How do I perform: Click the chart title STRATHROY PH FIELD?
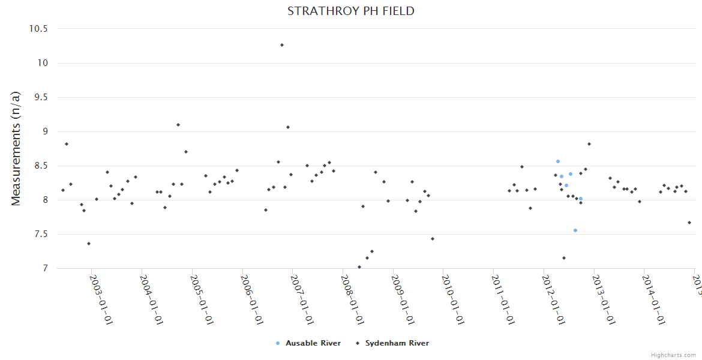(350, 11)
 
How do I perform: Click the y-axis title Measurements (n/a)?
(16, 148)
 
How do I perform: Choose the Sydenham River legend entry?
(397, 343)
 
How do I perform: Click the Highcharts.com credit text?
(674, 355)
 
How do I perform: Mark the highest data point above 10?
(282, 45)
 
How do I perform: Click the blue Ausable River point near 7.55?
(575, 230)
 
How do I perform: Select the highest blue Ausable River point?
(557, 161)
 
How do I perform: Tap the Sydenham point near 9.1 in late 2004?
(178, 125)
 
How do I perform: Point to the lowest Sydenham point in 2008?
(359, 267)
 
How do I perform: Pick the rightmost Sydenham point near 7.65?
(689, 223)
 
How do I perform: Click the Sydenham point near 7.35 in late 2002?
(89, 244)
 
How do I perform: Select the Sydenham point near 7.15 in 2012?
(564, 258)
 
